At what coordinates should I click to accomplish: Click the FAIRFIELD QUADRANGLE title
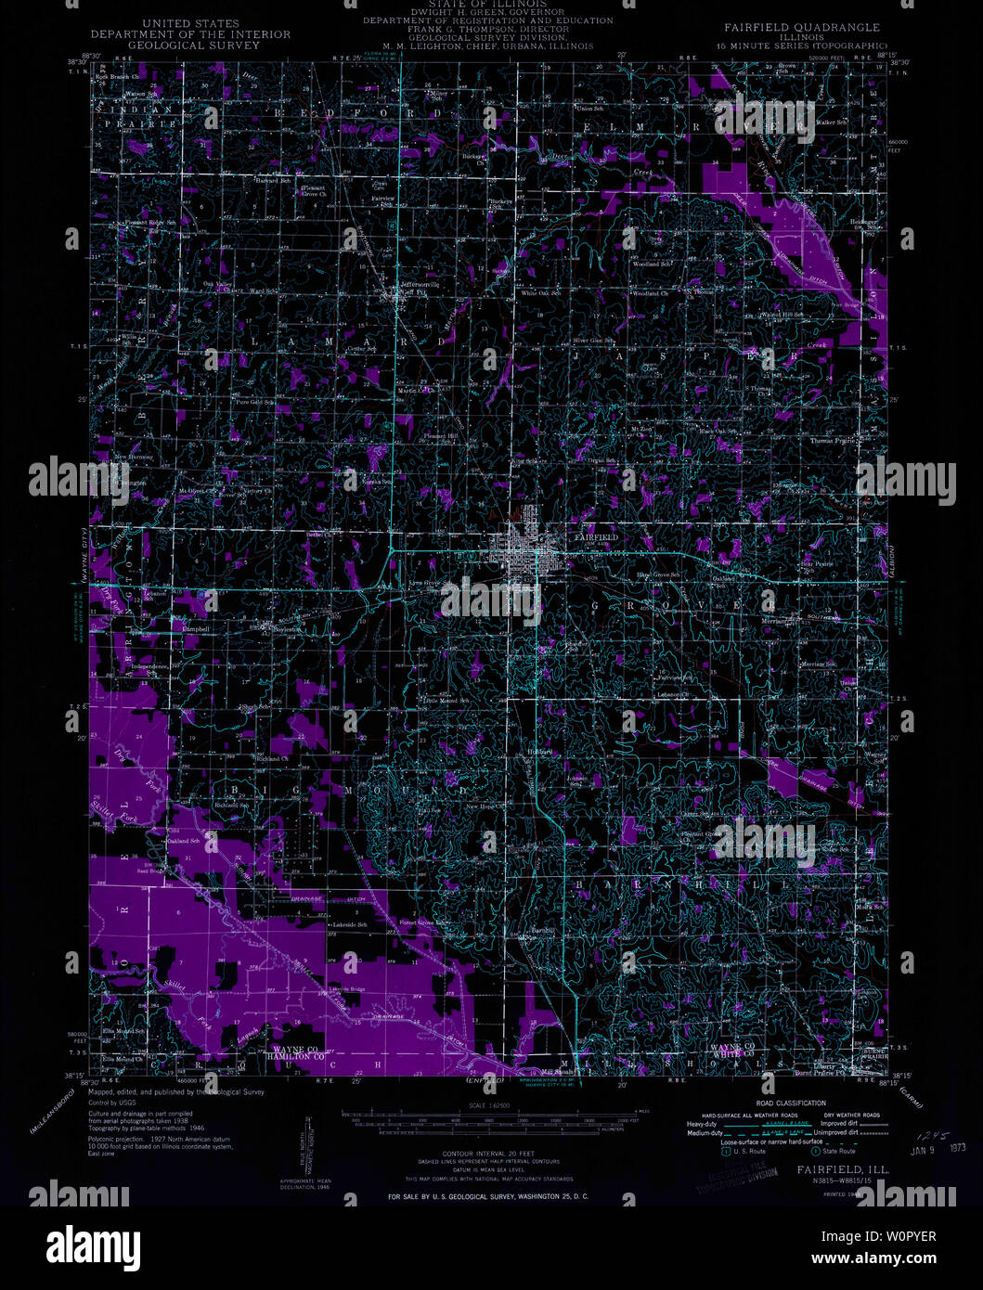[797, 28]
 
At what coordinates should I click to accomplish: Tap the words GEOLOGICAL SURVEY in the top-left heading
[189, 45]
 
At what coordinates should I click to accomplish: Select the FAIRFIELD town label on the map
[596, 537]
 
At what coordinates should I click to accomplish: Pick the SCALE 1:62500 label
[491, 1104]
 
